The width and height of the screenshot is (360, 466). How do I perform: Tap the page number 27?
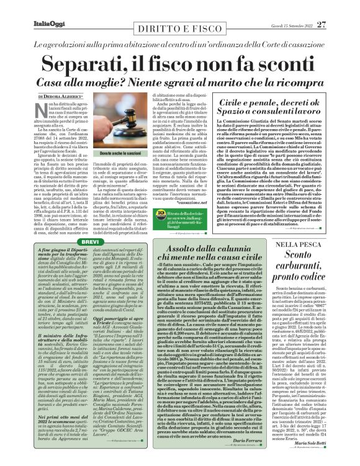(x=339, y=7)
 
